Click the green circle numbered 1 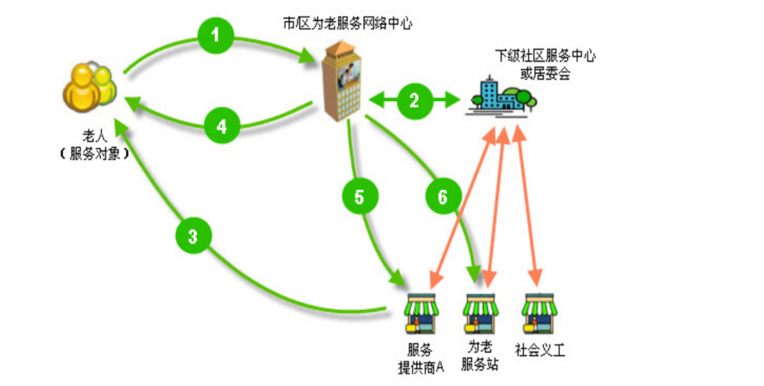(217, 34)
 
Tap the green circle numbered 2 (414, 100)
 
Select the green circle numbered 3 (193, 237)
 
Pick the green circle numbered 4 (221, 126)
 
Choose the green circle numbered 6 (442, 196)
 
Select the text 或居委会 (545, 73)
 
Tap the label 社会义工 (541, 350)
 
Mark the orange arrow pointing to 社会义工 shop (528, 204)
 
